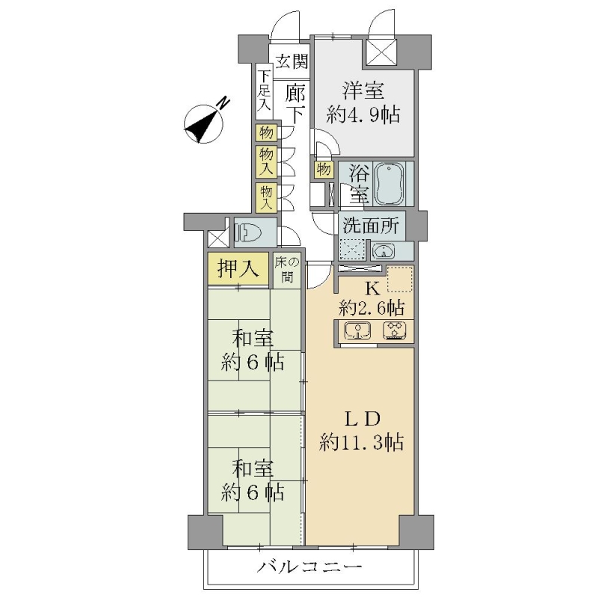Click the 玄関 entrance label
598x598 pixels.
[292, 61]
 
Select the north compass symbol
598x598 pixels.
[205, 123]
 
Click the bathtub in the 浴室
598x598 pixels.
[389, 184]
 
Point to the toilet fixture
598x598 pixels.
[248, 232]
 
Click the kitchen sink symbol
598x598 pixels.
[357, 330]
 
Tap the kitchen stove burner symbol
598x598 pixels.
[395, 330]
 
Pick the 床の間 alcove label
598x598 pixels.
[287, 270]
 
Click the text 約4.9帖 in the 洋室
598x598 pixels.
[363, 114]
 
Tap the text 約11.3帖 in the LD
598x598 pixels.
[362, 443]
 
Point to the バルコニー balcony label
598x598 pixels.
[309, 567]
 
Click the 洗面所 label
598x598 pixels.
[371, 226]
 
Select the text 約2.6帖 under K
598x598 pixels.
[372, 307]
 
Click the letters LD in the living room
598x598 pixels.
[362, 419]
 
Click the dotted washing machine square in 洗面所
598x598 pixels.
[352, 250]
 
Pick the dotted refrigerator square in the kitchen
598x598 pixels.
[400, 279]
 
